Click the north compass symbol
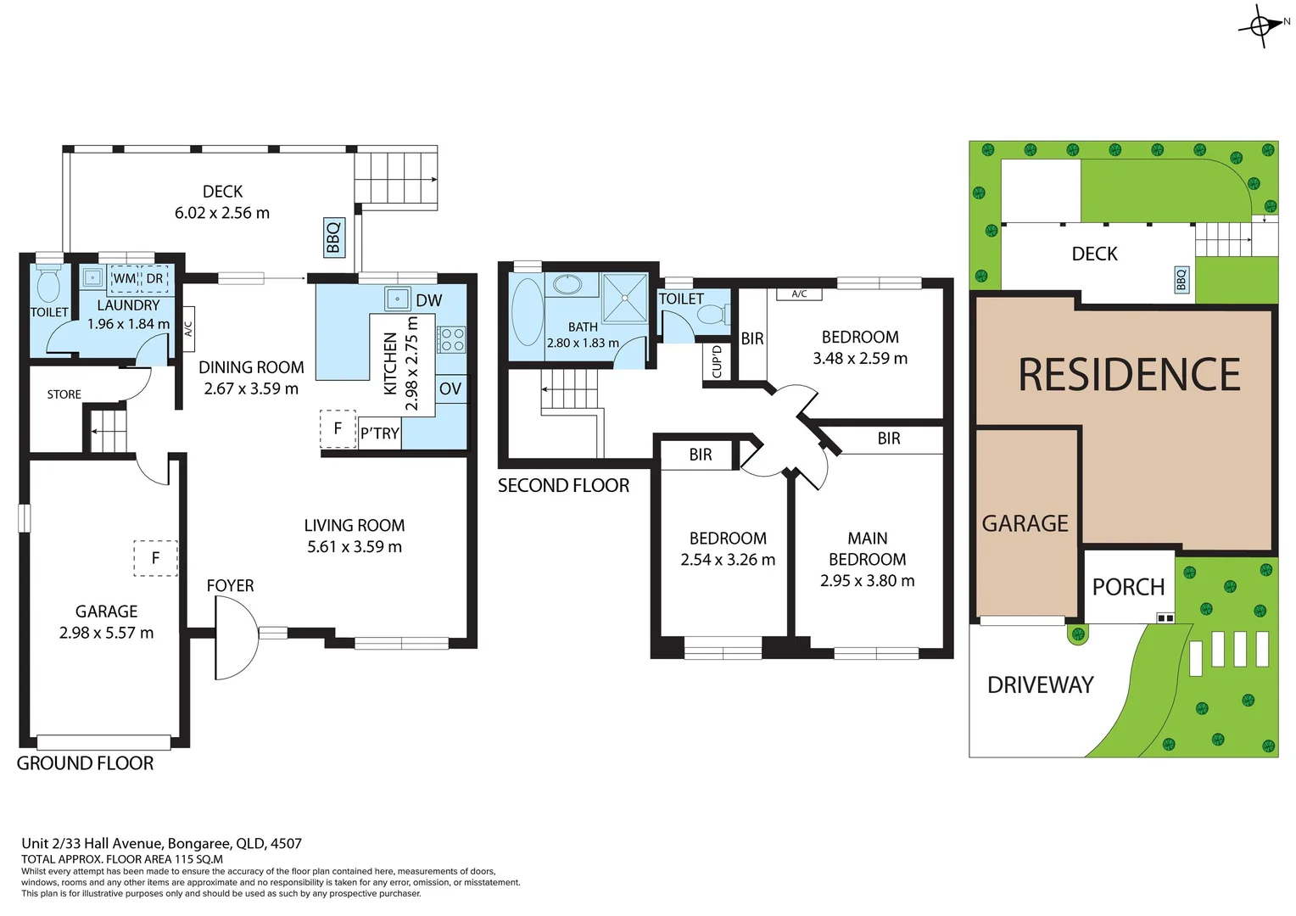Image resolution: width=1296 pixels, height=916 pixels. [x=1261, y=26]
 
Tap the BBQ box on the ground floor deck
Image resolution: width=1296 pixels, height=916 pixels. [x=333, y=237]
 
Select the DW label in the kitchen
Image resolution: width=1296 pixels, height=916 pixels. [x=428, y=300]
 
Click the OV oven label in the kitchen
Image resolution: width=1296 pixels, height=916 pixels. [x=450, y=388]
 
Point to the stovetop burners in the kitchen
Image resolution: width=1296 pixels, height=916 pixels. [x=451, y=339]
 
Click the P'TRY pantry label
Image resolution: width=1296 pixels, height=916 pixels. [x=379, y=433]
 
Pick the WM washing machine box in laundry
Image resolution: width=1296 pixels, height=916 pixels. [x=125, y=278]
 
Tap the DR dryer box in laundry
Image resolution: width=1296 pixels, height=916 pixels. [x=154, y=278]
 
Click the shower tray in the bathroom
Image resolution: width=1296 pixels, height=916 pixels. [x=624, y=298]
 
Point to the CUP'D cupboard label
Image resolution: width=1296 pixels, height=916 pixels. [x=717, y=361]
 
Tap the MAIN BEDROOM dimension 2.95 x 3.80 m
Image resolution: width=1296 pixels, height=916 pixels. [x=867, y=581]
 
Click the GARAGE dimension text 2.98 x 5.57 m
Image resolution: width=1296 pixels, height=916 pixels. [x=106, y=633]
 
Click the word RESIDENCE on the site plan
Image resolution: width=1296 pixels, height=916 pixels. [x=1129, y=375]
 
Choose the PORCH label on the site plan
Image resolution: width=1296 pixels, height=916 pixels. [x=1128, y=587]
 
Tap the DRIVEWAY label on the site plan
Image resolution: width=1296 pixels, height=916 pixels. [x=1040, y=684]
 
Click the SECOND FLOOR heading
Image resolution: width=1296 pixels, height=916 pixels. [x=563, y=486]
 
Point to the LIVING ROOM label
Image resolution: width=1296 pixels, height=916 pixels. [x=355, y=526]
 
